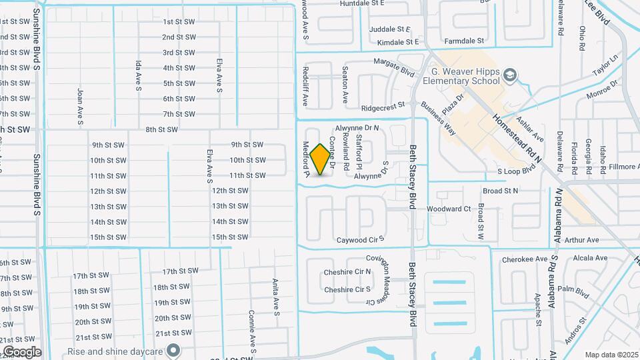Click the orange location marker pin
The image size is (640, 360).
coord(321,159)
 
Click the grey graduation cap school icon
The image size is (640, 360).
coord(511,75)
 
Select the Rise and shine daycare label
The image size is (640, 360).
coord(117,350)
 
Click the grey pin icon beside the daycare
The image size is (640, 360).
coord(173,349)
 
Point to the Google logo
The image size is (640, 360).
coord(21,352)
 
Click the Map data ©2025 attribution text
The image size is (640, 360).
coord(611,355)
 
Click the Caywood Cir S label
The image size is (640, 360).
coord(361,240)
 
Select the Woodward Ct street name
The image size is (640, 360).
coord(449,209)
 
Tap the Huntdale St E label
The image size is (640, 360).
coord(362,3)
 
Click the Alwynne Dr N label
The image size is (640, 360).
coord(357,127)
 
